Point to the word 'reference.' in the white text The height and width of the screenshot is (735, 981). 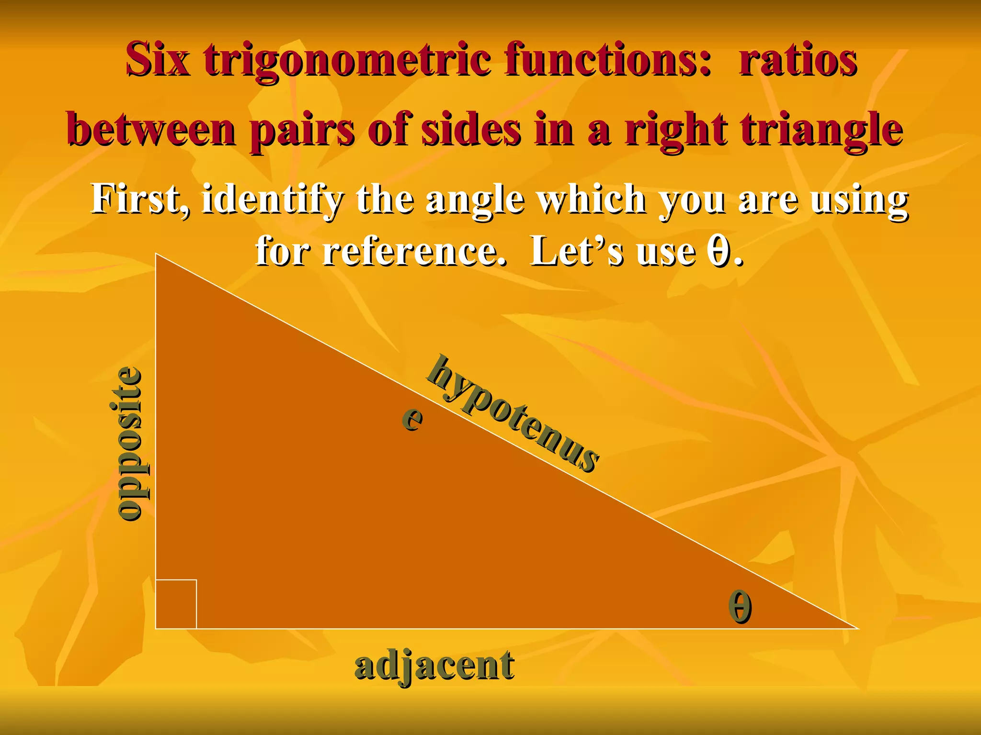pos(414,251)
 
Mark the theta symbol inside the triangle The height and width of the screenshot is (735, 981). pos(740,606)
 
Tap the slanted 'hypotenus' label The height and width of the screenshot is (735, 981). pos(513,414)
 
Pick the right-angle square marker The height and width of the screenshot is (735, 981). pos(176,604)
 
